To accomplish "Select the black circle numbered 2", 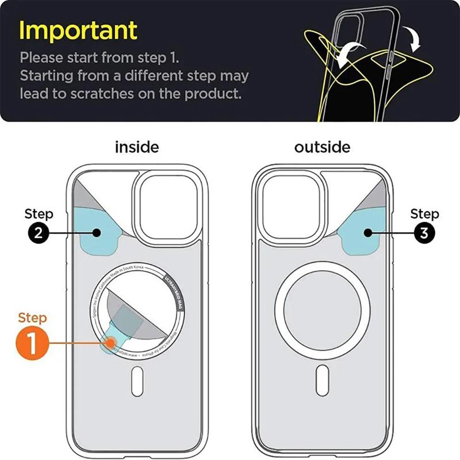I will tap(39, 234).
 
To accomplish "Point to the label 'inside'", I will tap(136, 147).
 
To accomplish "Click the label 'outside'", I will tap(322, 147).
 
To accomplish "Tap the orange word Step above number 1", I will tap(33, 317).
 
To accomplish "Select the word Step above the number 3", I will tap(424, 214).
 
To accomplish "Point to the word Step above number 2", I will tap(39, 214).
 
